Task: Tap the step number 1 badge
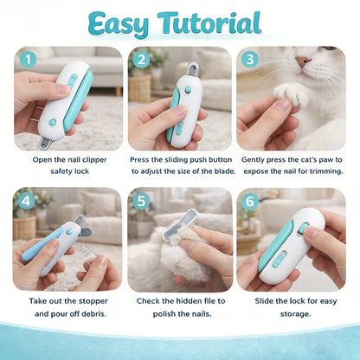27,60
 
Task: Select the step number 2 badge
139,60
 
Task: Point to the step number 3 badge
250,60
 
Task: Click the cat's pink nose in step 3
301,63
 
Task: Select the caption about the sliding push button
180,164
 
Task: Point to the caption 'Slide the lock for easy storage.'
292,306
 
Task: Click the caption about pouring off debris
68,306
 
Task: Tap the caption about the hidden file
180,306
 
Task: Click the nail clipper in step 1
62,102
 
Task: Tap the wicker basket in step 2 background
139,87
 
